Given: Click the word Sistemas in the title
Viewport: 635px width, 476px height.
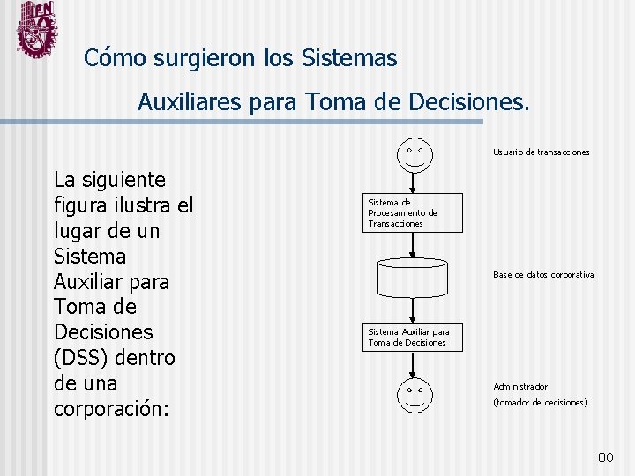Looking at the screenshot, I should point(349,59).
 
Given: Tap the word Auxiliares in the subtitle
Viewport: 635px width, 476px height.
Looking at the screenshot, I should point(190,103).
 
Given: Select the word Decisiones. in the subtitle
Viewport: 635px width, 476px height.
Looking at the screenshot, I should point(470,103).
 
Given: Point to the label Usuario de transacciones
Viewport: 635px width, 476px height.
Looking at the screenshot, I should point(541,152).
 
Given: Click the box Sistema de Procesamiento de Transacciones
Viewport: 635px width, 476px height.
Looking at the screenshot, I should point(412,212).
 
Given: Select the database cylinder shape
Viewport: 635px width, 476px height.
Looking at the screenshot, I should point(414,277).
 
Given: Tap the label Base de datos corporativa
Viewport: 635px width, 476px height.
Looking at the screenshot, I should point(542,275).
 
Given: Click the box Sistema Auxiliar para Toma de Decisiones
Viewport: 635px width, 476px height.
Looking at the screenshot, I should point(412,337).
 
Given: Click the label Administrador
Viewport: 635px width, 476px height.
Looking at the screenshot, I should point(520,386).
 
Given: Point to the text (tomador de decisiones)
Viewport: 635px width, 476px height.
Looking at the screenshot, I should point(540,403).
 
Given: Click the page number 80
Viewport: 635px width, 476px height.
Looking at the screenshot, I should point(605,457).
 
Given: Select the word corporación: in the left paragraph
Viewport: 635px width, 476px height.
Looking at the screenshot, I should point(111,410).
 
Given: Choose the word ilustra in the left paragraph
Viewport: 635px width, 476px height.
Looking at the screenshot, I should point(139,205).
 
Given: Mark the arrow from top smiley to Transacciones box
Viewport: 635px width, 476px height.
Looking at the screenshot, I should point(414,182).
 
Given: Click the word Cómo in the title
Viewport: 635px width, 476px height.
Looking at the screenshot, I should point(115,59).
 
